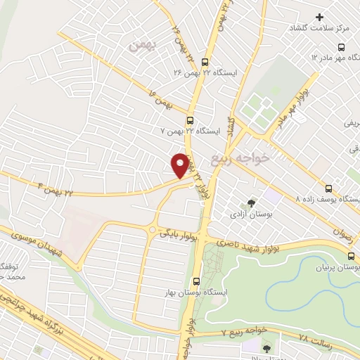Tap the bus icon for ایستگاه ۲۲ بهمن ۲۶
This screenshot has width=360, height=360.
coord(205,62)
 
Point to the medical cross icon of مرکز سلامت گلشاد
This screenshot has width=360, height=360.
coord(320,16)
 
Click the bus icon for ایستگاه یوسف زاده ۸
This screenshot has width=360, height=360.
coord(328,188)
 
